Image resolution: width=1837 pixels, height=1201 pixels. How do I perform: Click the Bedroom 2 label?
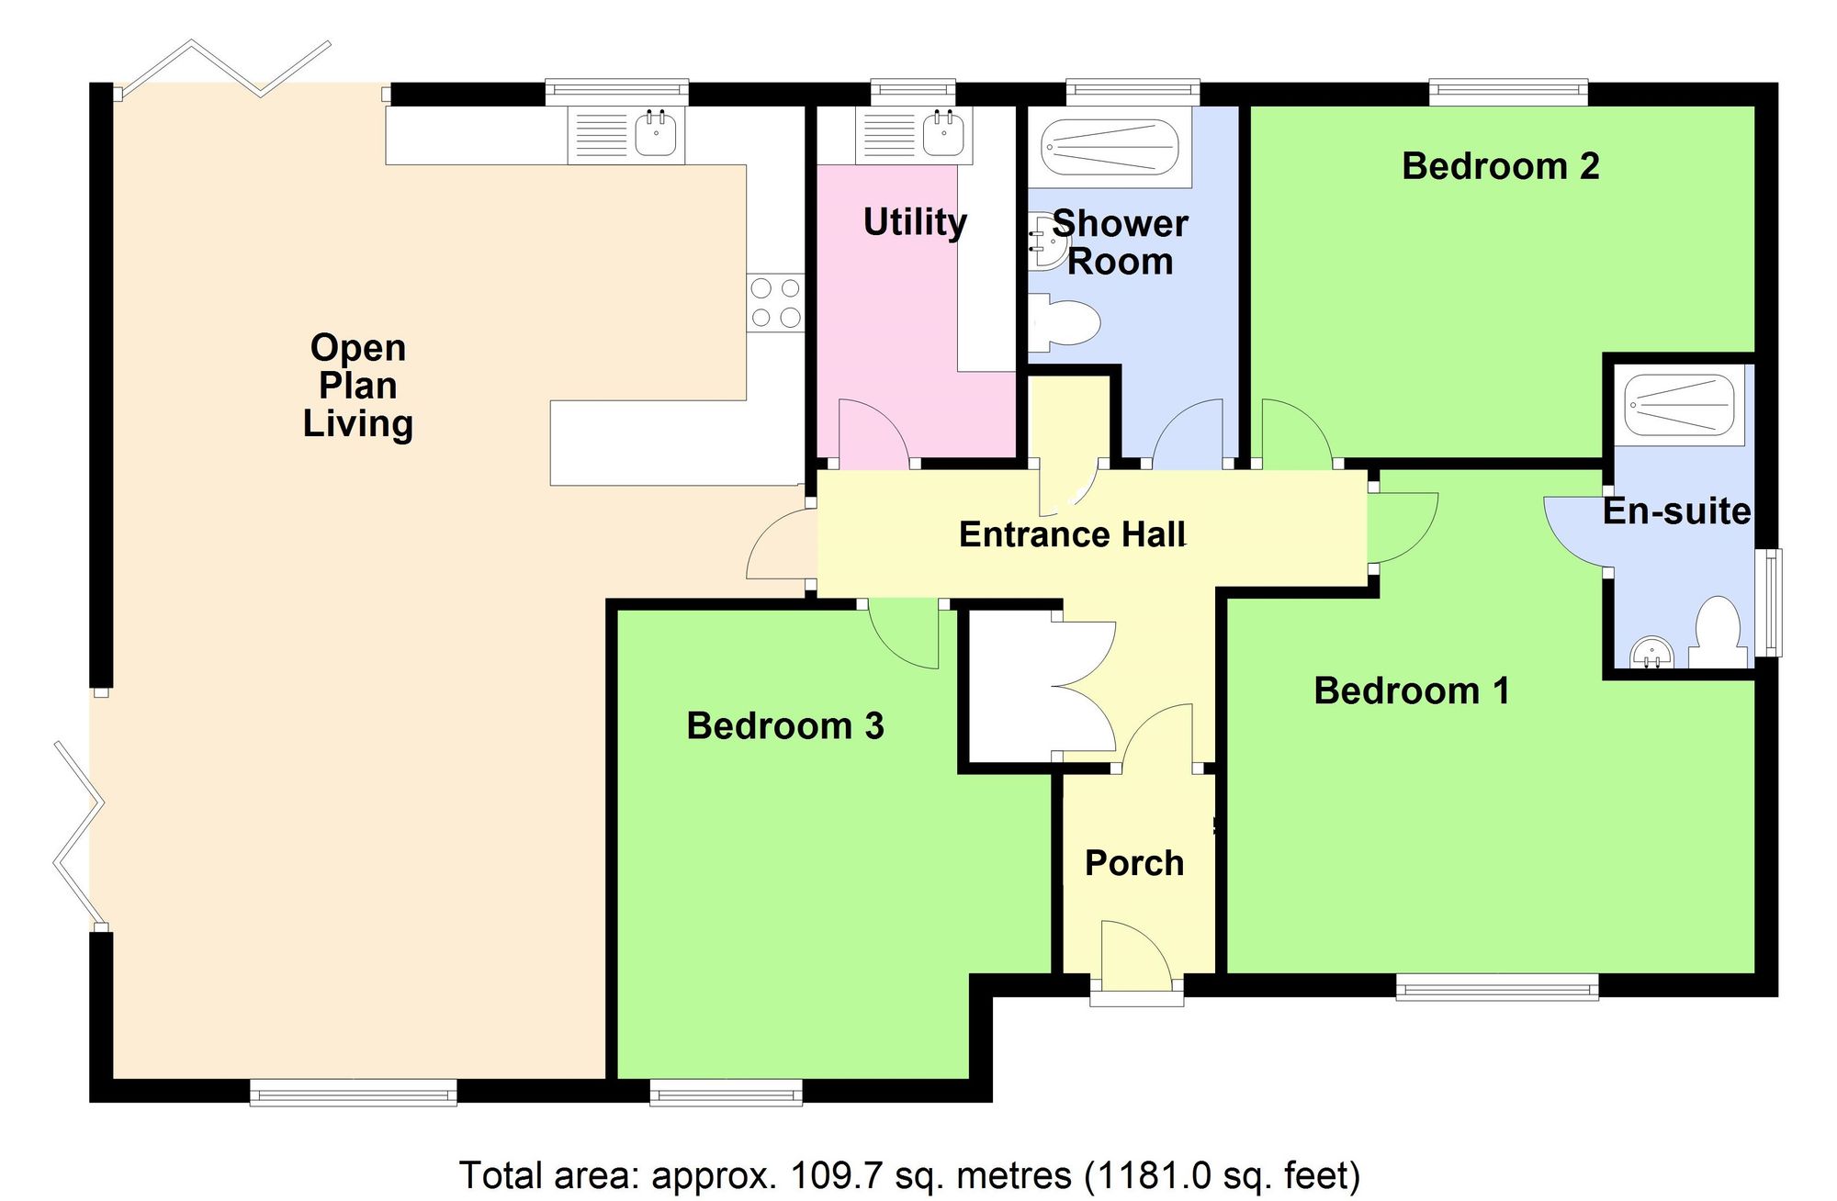coord(1500,166)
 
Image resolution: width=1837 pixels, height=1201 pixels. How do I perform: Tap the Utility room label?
coord(915,221)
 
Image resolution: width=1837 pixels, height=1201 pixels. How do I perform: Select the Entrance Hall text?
coord(1072,534)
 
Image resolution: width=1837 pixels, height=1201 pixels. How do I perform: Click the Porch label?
coord(1134,863)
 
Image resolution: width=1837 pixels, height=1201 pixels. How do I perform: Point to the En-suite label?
coord(1676,511)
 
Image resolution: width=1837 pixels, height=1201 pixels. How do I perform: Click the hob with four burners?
coord(775,303)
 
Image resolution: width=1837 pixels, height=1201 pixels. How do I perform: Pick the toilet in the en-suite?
coord(1717,634)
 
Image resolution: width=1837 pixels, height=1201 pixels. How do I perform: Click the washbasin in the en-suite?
coord(1652,654)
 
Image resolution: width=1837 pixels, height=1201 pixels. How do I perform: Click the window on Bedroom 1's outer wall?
coord(1497,988)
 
